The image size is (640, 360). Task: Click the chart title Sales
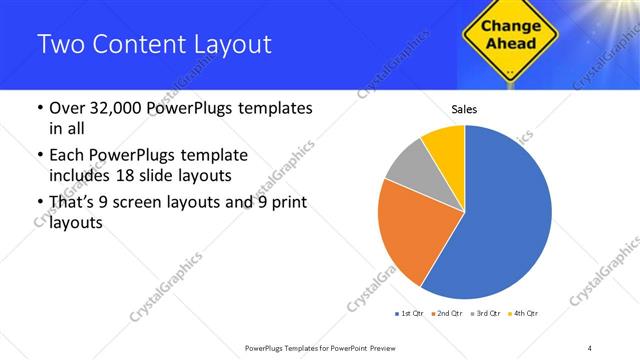[464, 108]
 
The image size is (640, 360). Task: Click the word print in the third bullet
[283, 204]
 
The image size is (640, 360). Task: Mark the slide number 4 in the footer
[590, 347]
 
